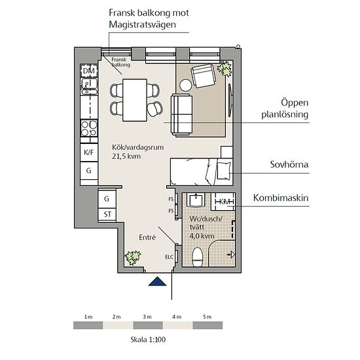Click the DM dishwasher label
tap(89, 71)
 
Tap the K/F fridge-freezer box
tap(89, 153)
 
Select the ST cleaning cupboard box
tap(107, 215)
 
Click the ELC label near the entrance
tap(170, 257)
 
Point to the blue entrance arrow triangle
tap(157, 281)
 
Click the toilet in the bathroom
tap(197, 257)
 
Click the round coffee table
tap(186, 85)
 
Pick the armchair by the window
tap(204, 76)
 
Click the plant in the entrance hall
tap(133, 257)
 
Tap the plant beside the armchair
tap(225, 69)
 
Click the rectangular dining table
tap(135, 100)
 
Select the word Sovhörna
tap(289, 164)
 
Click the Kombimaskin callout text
tap(281, 198)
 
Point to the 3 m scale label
tap(147, 317)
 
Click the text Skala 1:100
tap(148, 339)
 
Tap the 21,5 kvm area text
tap(126, 156)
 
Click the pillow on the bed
tap(224, 171)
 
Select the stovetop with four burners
tap(89, 128)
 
